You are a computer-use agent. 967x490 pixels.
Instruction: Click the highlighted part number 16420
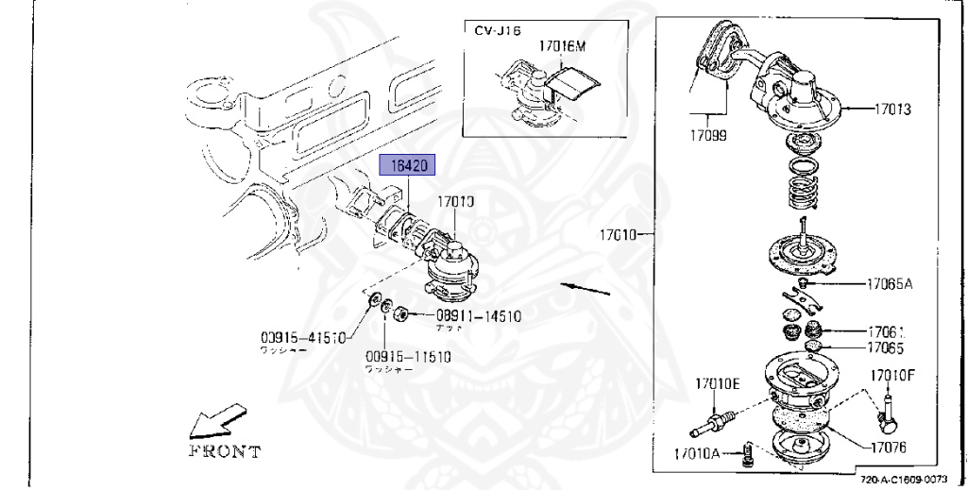[406, 166]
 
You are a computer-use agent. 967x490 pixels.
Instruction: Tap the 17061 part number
[887, 331]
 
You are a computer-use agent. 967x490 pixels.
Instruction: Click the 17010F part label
[893, 375]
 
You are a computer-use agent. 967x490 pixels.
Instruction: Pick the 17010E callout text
[719, 383]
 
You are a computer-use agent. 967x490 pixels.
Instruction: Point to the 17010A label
[697, 454]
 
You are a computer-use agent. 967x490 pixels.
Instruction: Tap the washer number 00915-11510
[409, 357]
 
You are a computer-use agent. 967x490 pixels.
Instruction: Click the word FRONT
[226, 451]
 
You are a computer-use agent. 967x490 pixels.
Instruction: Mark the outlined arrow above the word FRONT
[216, 420]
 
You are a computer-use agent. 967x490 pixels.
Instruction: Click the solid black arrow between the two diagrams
[585, 286]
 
